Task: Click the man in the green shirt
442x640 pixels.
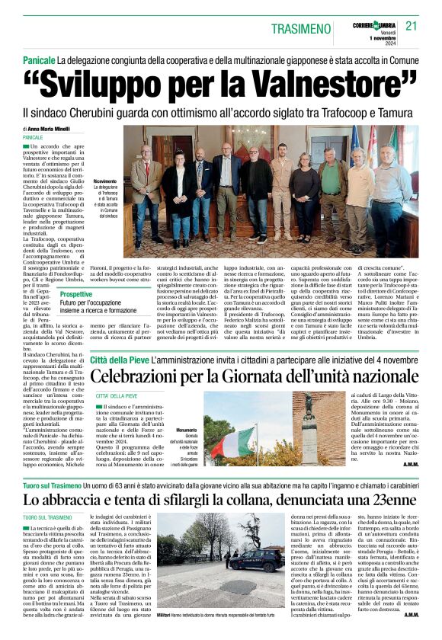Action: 333,187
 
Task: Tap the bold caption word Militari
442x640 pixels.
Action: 168,614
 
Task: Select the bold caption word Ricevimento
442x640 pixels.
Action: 105,181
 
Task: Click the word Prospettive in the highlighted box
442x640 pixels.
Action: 76,293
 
